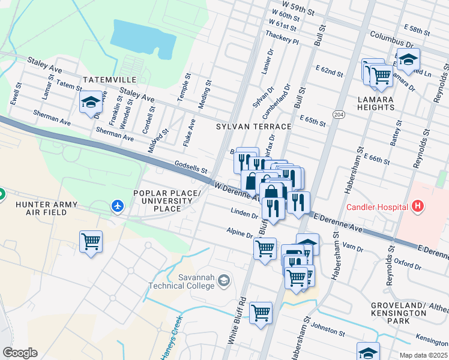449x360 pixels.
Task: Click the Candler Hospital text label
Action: pyautogui.click(x=377, y=207)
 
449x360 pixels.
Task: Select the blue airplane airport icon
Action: pyautogui.click(x=118, y=207)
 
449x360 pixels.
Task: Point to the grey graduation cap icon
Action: pyautogui.click(x=223, y=280)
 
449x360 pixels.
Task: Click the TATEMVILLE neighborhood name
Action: pyautogui.click(x=110, y=80)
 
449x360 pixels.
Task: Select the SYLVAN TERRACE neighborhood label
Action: pyautogui.click(x=253, y=127)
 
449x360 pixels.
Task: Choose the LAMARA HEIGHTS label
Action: pyautogui.click(x=375, y=103)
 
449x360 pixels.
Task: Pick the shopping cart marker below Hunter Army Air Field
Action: pyautogui.click(x=91, y=242)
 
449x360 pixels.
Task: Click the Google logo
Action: pyautogui.click(x=20, y=353)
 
